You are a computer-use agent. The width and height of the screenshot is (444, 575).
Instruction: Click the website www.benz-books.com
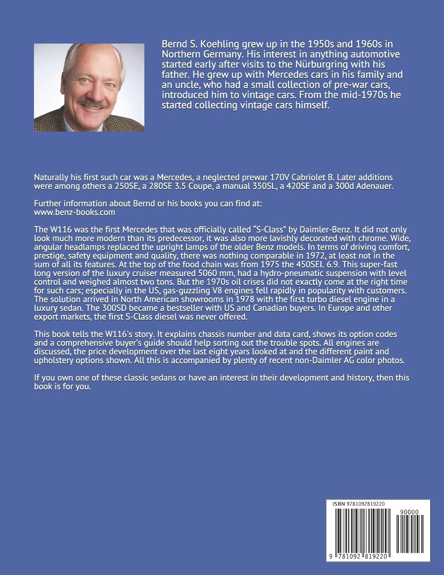pos(74,212)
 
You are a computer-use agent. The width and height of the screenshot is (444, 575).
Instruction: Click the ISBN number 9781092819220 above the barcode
pos(362,504)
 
